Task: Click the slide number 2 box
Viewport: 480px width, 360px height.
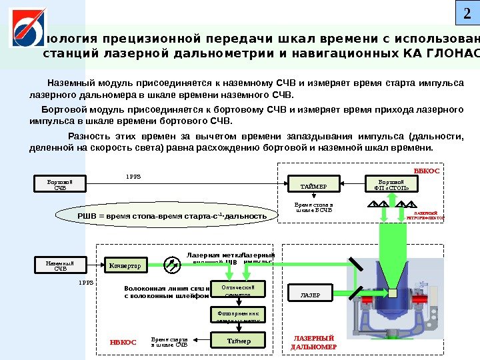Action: click(466, 13)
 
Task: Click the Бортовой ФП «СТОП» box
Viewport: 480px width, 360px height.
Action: click(391, 183)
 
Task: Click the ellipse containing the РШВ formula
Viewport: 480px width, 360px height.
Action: click(163, 216)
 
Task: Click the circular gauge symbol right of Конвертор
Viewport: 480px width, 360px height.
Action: click(172, 265)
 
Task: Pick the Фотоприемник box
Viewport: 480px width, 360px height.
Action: click(238, 315)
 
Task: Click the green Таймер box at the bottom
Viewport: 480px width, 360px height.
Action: click(238, 341)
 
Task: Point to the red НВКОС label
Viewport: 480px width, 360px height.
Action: click(123, 342)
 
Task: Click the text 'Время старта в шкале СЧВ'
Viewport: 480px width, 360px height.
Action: click(169, 342)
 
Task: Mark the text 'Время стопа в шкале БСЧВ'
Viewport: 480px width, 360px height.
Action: click(313, 207)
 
